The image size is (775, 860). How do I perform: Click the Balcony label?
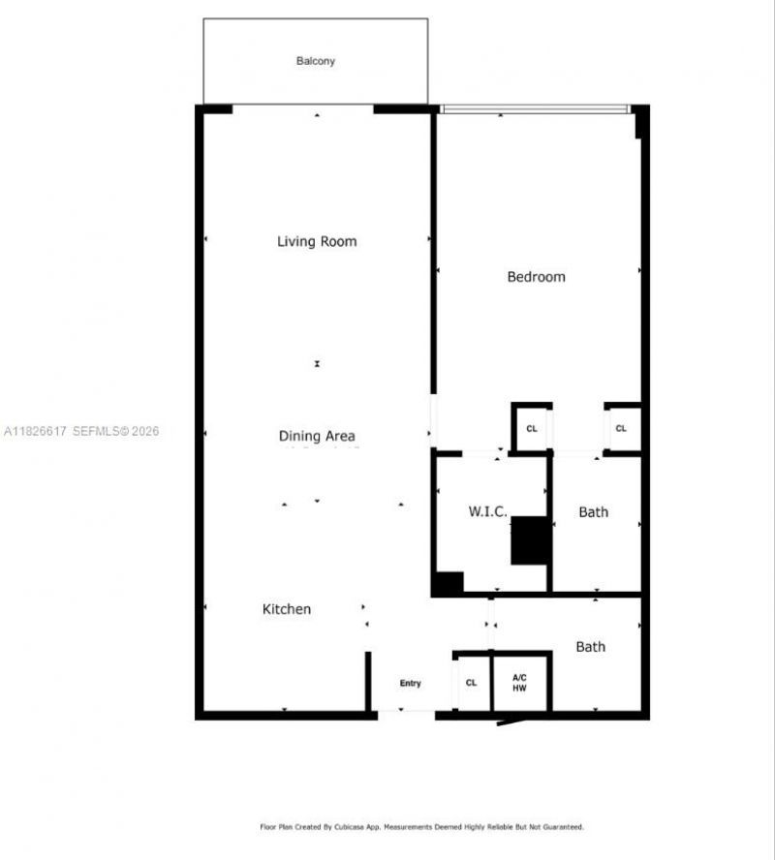[316, 61]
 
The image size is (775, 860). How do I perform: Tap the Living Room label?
[317, 241]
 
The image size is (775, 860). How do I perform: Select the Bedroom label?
[536, 277]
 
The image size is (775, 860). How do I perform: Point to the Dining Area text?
[317, 437]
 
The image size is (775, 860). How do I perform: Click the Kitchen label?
[287, 609]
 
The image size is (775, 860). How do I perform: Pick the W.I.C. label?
[488, 511]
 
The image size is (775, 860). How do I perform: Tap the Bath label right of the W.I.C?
[594, 511]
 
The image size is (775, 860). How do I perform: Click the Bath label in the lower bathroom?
[591, 646]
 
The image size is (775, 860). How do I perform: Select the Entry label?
[411, 684]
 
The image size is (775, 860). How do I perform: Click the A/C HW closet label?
[520, 682]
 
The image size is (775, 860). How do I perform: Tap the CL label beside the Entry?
[472, 683]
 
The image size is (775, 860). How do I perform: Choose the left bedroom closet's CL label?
[532, 429]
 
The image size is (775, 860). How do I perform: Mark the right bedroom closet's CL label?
[621, 429]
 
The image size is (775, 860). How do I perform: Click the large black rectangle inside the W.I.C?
[530, 540]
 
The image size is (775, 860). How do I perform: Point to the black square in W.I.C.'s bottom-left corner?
[448, 584]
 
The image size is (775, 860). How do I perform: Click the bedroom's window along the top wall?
[534, 109]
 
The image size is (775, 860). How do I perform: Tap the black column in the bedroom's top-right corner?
[640, 123]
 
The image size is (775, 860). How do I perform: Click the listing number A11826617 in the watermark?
[36, 431]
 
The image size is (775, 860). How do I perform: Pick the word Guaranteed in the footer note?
[561, 827]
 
